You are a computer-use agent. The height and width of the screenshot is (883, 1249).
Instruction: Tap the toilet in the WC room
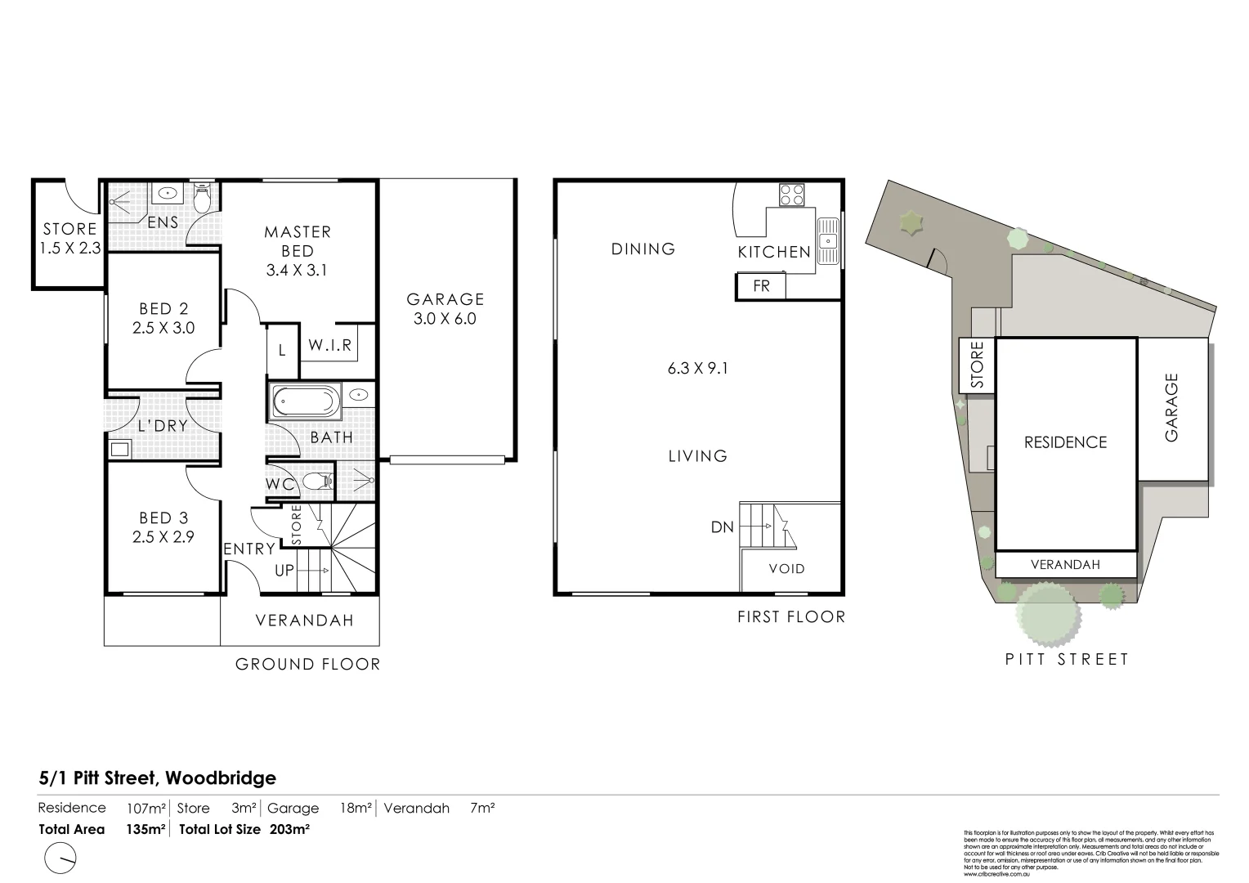pos(316,482)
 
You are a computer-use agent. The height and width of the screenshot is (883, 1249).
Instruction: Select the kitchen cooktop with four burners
pos(790,195)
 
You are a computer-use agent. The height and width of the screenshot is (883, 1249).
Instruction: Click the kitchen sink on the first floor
pos(828,239)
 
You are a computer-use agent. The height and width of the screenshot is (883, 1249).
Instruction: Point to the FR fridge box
pos(761,286)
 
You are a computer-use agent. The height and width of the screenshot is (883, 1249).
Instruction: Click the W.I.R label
pos(329,346)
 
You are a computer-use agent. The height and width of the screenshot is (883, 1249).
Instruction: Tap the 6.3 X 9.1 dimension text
pos(697,368)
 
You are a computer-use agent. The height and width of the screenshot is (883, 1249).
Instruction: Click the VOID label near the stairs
pos(787,568)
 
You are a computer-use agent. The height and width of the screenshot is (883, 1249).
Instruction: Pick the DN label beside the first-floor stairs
pos(722,527)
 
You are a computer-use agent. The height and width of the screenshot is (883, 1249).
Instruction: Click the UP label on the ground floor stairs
pos(284,571)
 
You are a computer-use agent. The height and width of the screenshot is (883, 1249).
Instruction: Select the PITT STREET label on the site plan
pos(1067,659)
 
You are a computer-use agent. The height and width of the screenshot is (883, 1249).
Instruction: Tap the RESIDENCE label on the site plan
pos(1065,442)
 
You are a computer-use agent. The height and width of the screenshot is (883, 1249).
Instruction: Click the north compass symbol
pos(60,858)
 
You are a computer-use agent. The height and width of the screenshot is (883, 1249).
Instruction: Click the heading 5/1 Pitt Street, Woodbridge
pos(158,778)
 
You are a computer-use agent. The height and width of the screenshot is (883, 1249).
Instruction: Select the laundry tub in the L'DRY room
pos(119,448)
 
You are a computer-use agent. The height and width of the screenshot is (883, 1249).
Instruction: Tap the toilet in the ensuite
pos(202,197)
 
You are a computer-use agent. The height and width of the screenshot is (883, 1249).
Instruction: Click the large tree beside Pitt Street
pos(1045,614)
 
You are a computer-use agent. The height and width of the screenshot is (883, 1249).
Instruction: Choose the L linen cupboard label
pos(282,350)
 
